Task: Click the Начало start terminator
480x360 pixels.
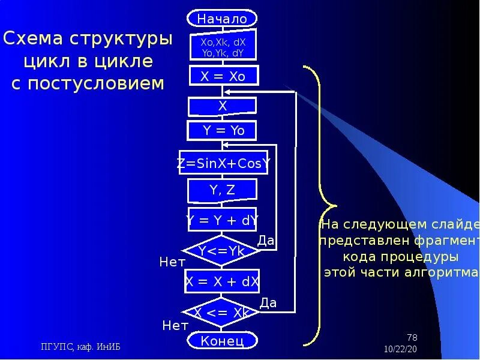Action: tap(222, 19)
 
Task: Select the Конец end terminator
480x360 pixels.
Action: tap(222, 341)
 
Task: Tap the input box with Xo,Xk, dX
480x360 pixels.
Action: tap(223, 44)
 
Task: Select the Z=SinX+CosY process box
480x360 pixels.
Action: tap(223, 163)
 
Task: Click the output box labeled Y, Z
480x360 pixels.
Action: tap(223, 191)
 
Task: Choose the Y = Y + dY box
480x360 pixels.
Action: tap(222, 220)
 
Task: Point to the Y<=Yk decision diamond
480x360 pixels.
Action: tap(221, 251)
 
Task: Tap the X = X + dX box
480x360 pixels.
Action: tap(222, 281)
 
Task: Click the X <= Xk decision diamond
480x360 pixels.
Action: tap(221, 313)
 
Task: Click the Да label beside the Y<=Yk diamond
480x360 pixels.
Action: tap(265, 241)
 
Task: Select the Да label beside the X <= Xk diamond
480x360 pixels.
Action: tap(268, 302)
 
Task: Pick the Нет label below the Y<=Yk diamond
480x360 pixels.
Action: tap(172, 262)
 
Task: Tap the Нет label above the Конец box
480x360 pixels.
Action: tap(175, 326)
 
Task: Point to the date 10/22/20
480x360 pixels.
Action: tap(400, 349)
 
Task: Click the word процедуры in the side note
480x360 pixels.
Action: tap(401, 257)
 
